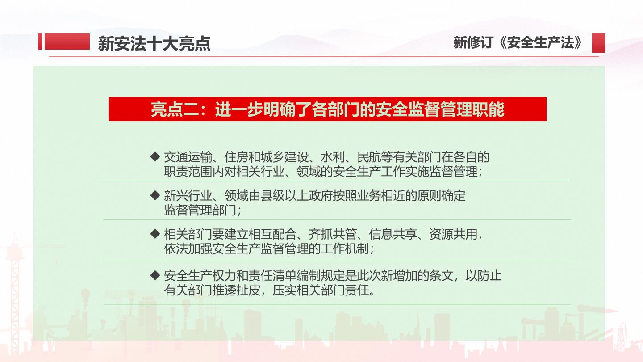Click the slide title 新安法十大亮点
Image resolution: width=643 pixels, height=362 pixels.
pos(154,44)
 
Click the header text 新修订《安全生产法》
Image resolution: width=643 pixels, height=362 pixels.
pos(518,42)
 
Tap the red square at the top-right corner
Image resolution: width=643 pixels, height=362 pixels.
pos(598,43)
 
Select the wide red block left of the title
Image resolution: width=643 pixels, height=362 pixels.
pos(67,42)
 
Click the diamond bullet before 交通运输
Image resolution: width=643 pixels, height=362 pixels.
pos(155,156)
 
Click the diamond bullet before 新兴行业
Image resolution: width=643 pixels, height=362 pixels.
pos(155,195)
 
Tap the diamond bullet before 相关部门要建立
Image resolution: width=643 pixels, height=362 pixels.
pos(155,234)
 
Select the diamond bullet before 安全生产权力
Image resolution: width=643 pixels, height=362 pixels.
pos(155,275)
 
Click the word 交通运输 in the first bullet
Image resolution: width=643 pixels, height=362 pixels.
pos(188,157)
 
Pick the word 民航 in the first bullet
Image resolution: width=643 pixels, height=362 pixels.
pos(369,157)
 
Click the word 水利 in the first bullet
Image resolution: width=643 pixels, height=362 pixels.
pos(333,157)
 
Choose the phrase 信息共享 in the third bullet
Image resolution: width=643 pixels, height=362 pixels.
pos(393,235)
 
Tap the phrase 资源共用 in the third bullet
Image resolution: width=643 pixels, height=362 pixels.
pos(453,235)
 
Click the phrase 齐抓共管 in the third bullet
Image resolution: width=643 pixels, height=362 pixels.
pos(333,235)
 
